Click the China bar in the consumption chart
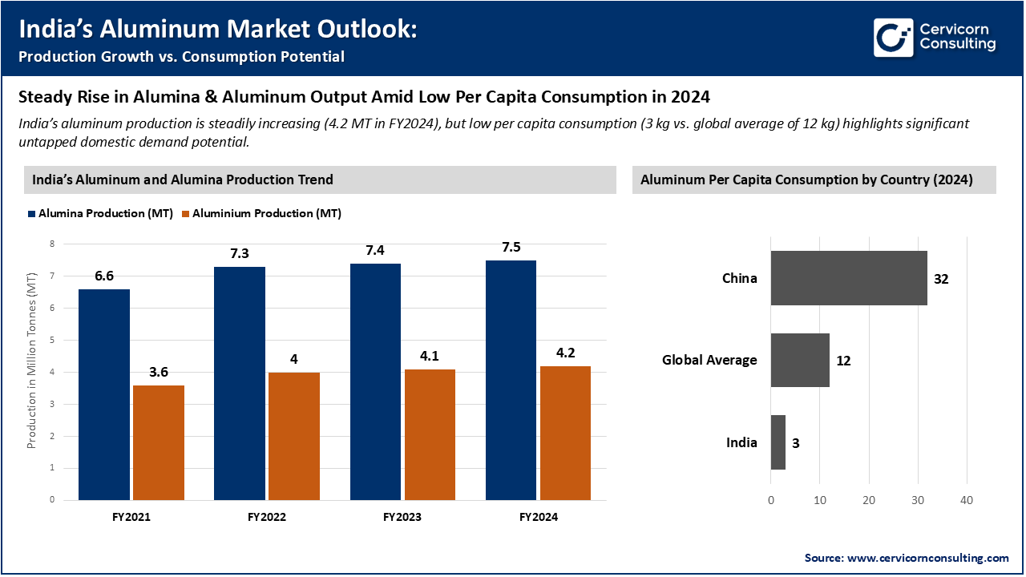(x=849, y=278)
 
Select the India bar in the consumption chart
(x=778, y=442)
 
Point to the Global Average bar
(x=800, y=361)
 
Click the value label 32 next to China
(x=941, y=279)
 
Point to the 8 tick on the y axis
(x=52, y=244)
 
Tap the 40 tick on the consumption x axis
(x=967, y=500)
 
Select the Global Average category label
(x=709, y=361)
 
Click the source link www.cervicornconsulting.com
(x=927, y=558)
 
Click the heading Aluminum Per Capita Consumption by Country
(x=806, y=180)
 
